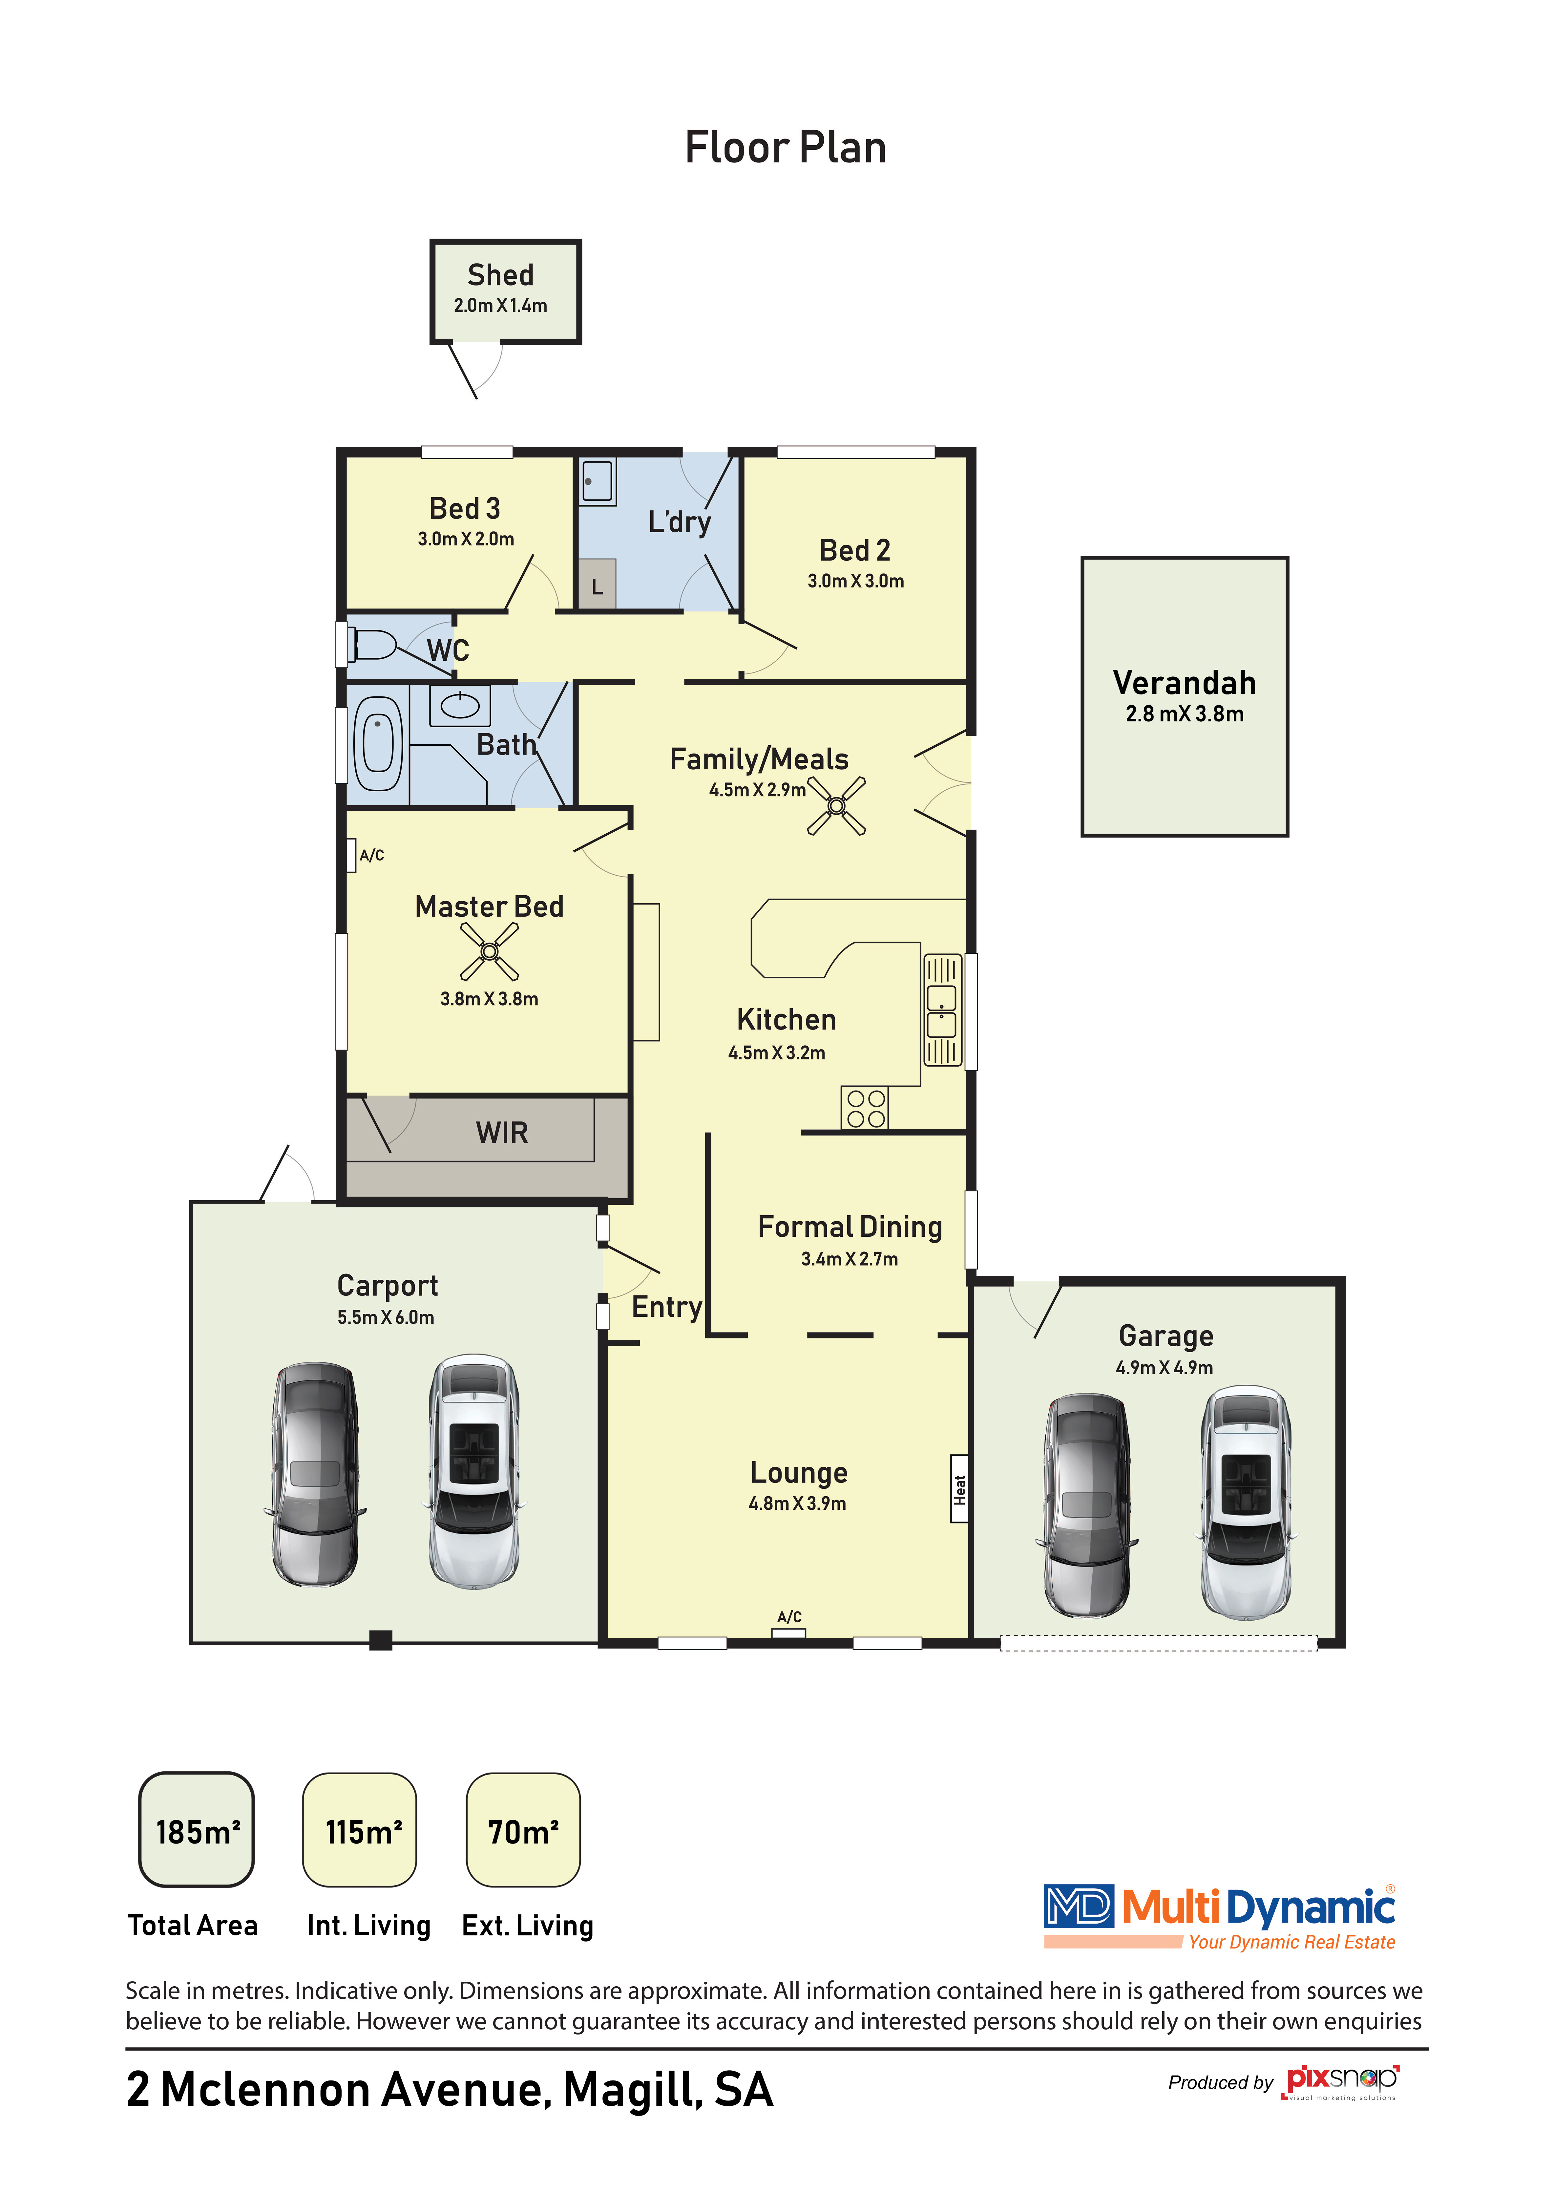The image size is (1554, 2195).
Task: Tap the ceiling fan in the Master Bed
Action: pos(489,951)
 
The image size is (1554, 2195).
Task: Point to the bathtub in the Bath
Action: pos(378,743)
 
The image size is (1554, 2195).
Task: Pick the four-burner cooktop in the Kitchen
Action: pos(865,1108)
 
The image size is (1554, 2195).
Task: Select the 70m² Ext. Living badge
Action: pos(523,1829)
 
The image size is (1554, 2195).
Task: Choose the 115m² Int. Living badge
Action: pos(360,1829)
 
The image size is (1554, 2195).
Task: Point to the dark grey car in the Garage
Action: pos(1086,1505)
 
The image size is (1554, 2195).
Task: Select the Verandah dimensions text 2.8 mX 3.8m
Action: pos(1185,714)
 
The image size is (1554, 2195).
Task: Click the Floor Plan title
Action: pos(786,147)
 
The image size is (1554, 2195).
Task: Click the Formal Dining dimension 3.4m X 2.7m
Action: pos(850,1259)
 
